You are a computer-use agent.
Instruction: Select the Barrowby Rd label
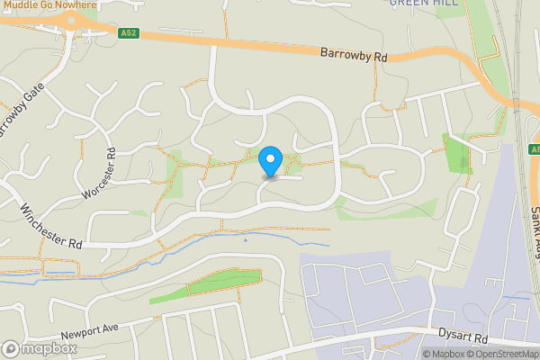coord(354,55)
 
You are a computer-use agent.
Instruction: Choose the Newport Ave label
coord(92,337)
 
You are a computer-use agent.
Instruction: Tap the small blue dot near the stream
coord(245,240)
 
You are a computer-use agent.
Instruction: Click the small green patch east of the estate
coord(458,153)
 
